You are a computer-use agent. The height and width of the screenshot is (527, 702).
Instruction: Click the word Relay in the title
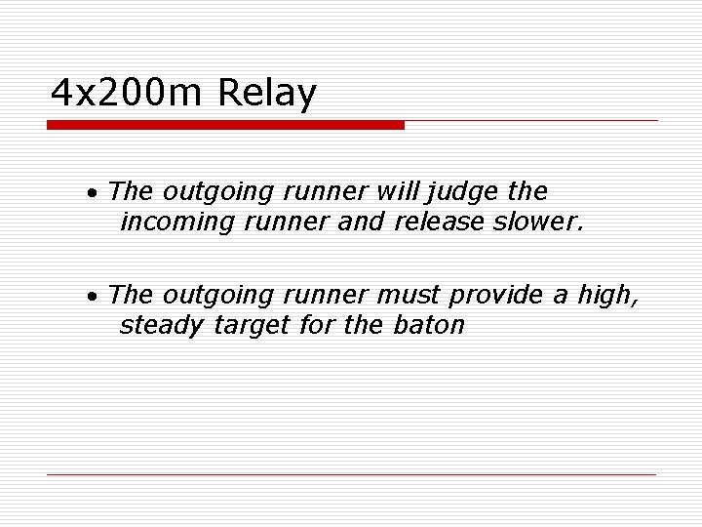coord(269,94)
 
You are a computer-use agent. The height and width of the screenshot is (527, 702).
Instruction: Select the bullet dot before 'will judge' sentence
coord(90,192)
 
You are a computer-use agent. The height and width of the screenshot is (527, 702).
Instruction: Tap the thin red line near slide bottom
coord(351,474)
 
